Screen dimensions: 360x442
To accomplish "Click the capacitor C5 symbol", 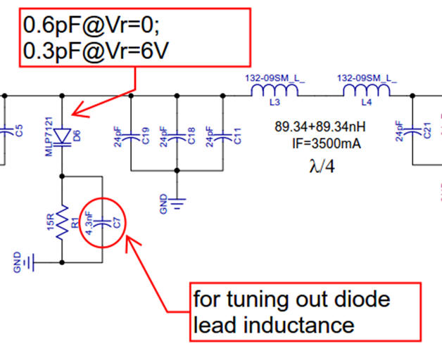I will (7, 131).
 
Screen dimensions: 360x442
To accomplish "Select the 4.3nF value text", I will (89, 223).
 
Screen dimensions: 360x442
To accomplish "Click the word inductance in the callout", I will (301, 324).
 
